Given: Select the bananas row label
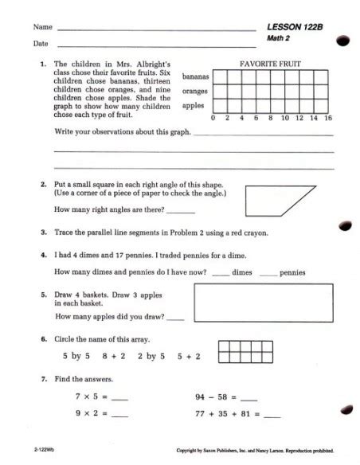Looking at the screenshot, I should tap(195, 76).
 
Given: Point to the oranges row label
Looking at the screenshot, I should tap(195, 91).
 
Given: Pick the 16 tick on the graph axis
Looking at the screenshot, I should tap(328, 118).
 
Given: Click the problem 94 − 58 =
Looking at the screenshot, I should tap(225, 396).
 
